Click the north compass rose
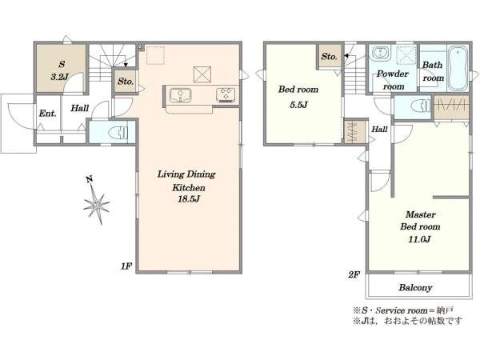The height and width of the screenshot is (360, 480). tap(96, 202)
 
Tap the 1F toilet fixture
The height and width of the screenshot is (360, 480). tap(118, 133)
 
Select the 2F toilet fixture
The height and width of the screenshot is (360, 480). tap(421, 107)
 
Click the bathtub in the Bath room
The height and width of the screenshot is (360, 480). tap(458, 68)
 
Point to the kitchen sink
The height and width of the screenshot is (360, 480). tap(180, 95)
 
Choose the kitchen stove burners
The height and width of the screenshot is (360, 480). tap(226, 94)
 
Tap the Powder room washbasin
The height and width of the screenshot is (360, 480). tap(380, 54)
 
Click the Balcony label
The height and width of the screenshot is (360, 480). tap(415, 287)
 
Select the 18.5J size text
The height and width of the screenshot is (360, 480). tap(189, 199)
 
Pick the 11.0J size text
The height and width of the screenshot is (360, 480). tap(419, 239)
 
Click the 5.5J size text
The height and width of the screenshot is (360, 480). tap(298, 105)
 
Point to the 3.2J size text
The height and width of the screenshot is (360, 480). tap(60, 77)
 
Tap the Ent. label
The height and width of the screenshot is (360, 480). tap(48, 114)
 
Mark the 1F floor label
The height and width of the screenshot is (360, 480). tap(126, 266)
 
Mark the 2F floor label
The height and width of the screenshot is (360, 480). tap(354, 274)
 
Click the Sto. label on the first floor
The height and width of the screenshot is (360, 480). tap(126, 82)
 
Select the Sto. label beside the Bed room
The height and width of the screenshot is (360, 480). tap(329, 57)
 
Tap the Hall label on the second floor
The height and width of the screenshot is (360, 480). tap(379, 129)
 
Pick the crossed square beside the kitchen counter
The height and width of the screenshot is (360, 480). tap(202, 74)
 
